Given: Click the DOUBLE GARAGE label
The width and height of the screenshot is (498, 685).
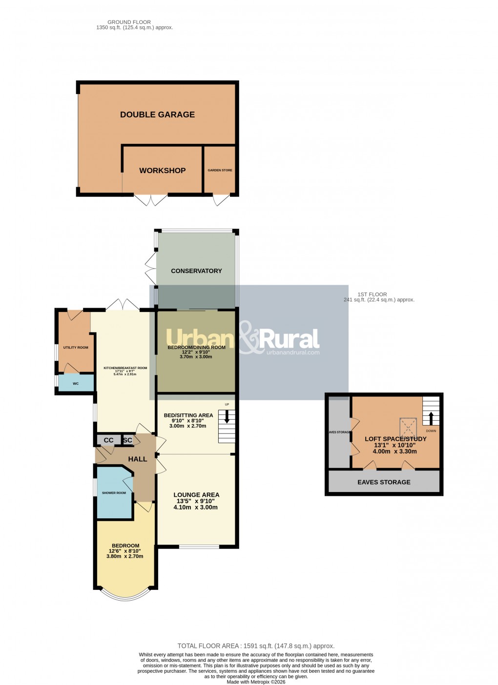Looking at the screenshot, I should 157,115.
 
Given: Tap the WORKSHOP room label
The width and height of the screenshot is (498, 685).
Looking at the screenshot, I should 162,171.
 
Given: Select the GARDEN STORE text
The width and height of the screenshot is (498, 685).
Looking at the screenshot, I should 220,170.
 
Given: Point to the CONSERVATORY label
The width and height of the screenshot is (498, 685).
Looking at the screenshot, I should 196,271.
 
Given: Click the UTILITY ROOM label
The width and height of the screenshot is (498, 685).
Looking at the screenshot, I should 76,348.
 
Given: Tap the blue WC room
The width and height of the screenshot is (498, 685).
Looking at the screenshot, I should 76,383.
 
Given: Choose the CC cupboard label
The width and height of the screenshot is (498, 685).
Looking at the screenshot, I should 108,440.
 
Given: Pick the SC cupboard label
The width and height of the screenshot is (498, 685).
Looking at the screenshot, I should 127,440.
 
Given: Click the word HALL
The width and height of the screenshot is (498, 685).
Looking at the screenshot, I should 138,459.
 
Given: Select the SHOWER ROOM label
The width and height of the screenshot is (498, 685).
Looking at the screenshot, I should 114,493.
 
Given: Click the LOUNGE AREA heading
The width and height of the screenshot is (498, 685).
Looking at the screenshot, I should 196,495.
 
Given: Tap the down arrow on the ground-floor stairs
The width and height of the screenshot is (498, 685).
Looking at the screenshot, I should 227,417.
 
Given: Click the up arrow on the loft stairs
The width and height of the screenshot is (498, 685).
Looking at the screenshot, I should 431,418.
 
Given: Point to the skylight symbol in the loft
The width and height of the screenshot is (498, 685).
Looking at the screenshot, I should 408,425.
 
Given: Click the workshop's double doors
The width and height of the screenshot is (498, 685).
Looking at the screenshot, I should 151,200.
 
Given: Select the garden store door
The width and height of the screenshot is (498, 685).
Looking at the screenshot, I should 221,200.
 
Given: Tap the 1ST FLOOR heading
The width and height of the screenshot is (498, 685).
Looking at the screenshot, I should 372,294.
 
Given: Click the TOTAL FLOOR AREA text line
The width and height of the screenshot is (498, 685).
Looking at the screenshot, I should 256,646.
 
